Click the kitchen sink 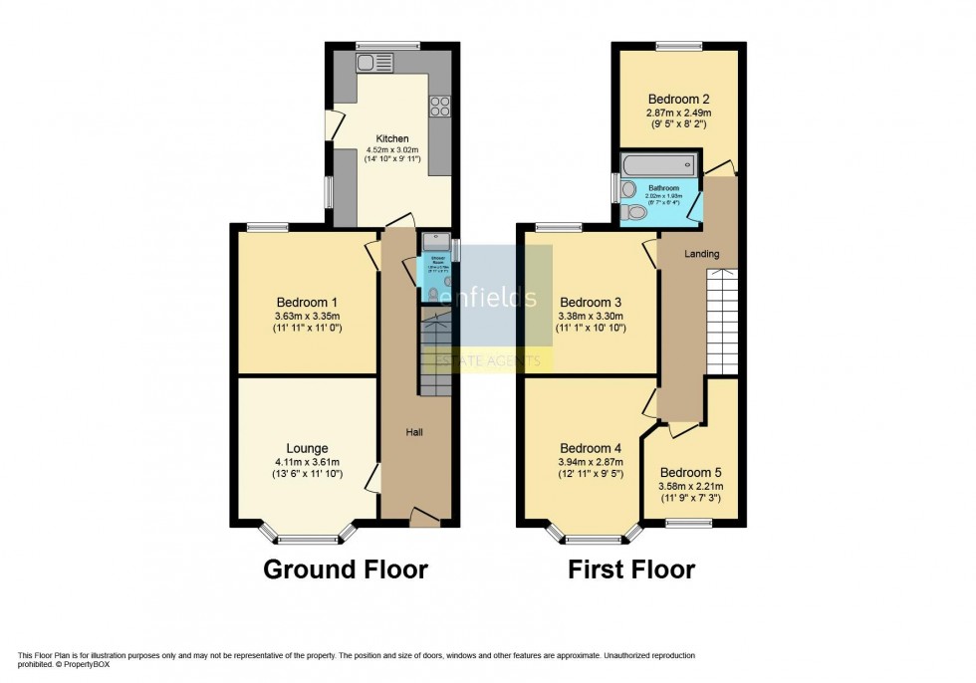tap(375, 63)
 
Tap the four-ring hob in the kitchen tap(439, 108)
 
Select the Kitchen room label tap(391, 138)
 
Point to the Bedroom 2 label tap(678, 99)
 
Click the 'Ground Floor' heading tap(346, 569)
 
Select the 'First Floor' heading tap(631, 569)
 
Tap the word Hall tap(416, 432)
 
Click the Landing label tap(701, 255)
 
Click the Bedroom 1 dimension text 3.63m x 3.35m tap(308, 317)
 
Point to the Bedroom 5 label tap(689, 472)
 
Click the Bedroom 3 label tap(591, 303)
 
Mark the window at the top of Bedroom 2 tap(678, 45)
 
